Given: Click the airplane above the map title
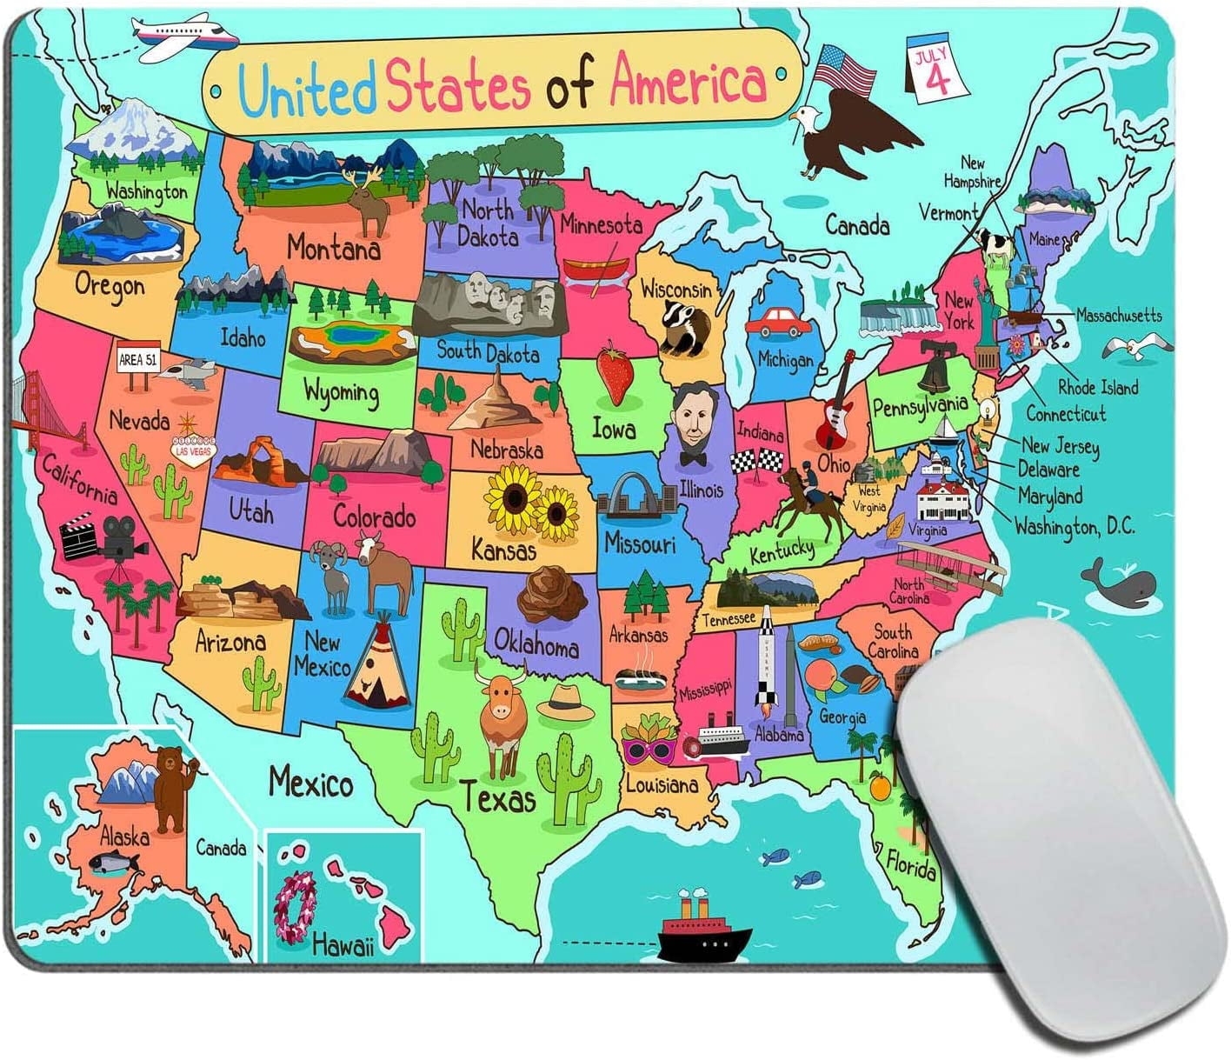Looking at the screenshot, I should point(185,34).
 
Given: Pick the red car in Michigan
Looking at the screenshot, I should point(777,323).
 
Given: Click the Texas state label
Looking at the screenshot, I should point(497,797).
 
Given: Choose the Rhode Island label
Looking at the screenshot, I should point(1097,387).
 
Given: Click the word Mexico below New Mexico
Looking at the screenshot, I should point(310,783).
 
